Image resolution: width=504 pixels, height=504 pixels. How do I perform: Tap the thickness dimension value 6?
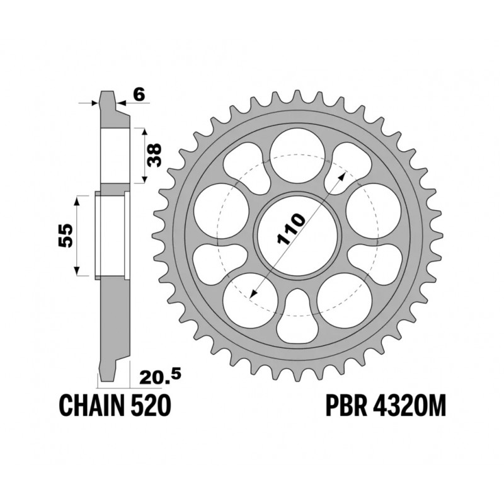(x=140, y=94)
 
